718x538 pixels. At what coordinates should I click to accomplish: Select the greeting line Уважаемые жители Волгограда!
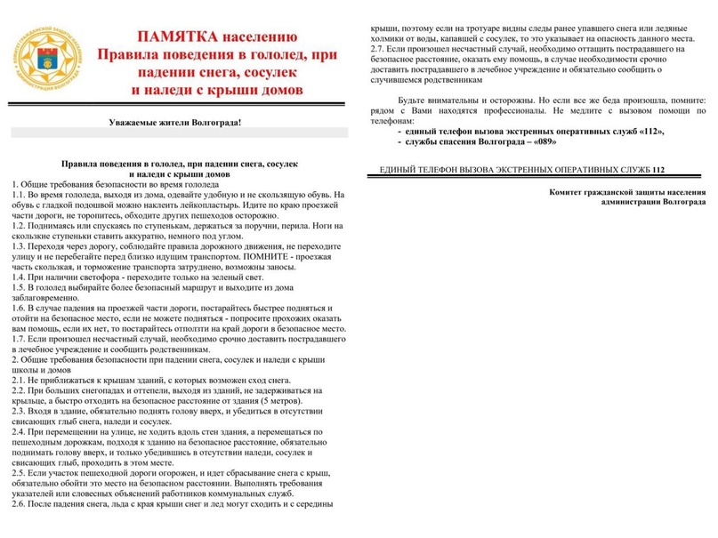coord(174,121)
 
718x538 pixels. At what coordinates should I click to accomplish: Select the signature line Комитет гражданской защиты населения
coord(627,191)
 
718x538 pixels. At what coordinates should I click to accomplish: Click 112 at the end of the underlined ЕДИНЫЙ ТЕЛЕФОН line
coord(657,169)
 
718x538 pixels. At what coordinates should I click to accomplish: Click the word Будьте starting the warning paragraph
coord(415,100)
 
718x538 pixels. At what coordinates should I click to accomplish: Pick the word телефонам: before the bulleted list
coord(392,120)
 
